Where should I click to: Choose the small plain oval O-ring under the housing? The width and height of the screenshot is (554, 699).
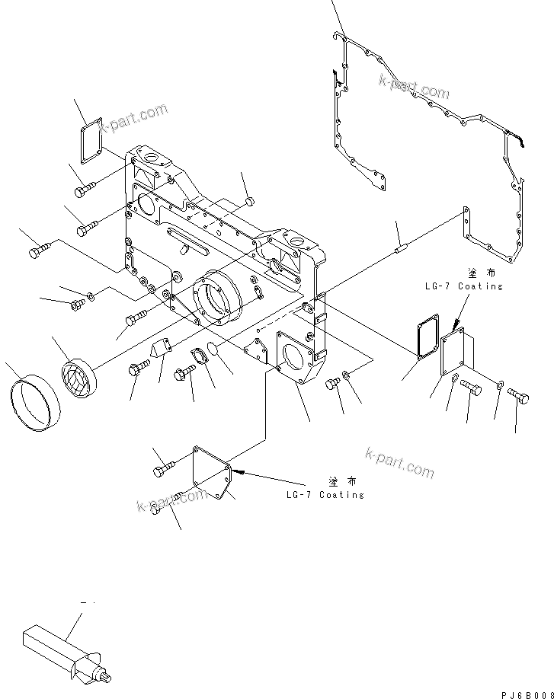click(214, 349)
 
